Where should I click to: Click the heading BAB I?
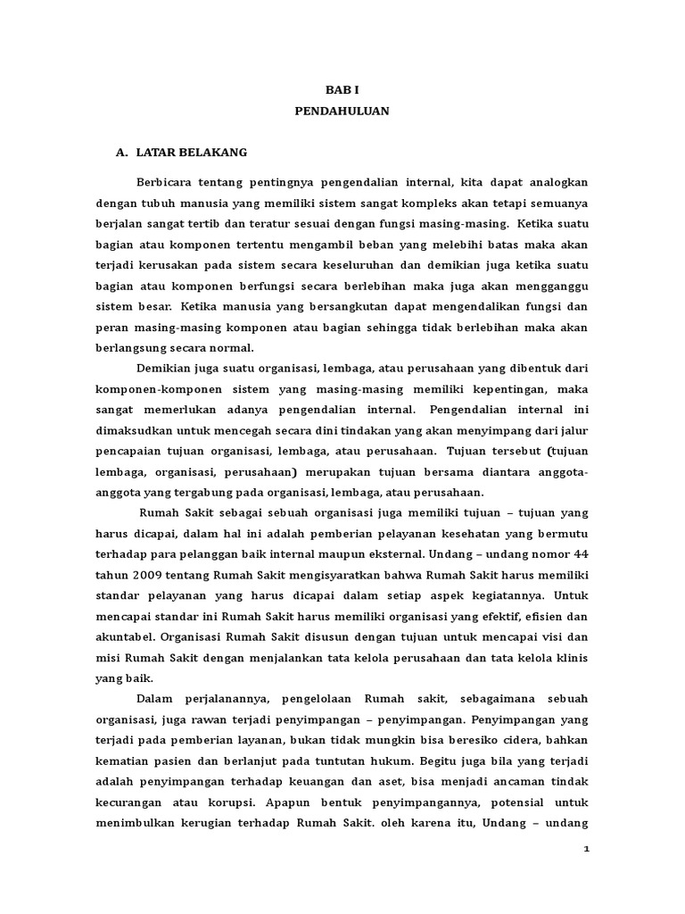(342, 90)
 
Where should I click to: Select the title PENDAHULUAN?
(342, 112)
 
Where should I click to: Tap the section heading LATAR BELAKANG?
(192, 153)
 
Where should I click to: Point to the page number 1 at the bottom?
(586, 850)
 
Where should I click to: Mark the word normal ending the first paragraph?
(234, 347)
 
